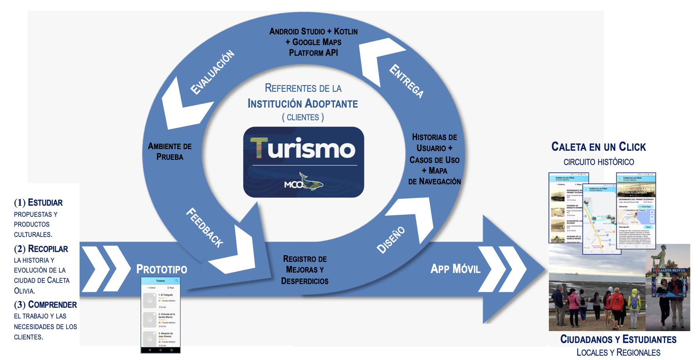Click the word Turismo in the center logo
point(303,149)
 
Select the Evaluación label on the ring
point(212,72)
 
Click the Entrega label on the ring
point(406,81)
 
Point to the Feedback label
point(205,227)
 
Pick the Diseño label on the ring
point(391,240)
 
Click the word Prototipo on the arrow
point(161,269)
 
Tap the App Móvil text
point(455,269)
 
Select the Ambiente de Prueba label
point(170,152)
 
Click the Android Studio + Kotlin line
point(313,31)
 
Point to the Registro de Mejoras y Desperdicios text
point(305,270)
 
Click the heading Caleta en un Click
point(598,147)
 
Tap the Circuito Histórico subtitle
point(598,162)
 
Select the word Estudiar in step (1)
point(45,203)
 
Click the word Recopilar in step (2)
point(48,249)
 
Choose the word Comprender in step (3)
point(52,305)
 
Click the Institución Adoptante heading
point(303,104)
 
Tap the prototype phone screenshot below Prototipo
point(161,315)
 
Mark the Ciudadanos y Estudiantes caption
point(618,339)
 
